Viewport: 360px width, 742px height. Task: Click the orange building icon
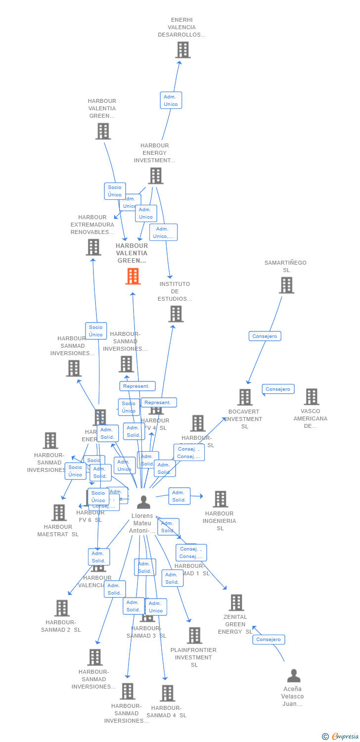[x=133, y=277]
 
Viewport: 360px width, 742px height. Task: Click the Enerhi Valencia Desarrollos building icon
[x=182, y=50]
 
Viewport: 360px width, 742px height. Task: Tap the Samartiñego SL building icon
[x=286, y=285]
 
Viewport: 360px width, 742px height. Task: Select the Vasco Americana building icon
[x=311, y=397]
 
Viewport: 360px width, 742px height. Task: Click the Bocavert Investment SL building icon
[x=245, y=397]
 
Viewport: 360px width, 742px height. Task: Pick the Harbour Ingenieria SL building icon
[x=220, y=499]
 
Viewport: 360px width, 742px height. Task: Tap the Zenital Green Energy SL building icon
[x=236, y=603]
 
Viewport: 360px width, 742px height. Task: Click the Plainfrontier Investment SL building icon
[x=194, y=636]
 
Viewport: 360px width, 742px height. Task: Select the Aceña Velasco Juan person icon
[x=294, y=676]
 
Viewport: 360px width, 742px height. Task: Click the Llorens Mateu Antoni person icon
[x=143, y=502]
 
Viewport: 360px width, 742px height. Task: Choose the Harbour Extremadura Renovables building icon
[x=93, y=247]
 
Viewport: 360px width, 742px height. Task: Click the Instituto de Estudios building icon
[x=176, y=314]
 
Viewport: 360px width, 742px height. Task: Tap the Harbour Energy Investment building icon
[x=155, y=176]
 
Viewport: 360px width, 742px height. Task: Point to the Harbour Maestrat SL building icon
[x=59, y=513]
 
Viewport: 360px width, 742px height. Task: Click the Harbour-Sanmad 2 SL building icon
[x=62, y=608]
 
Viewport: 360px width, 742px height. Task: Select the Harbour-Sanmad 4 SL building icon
[x=167, y=693]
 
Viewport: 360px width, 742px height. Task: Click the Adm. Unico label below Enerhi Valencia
[x=171, y=100]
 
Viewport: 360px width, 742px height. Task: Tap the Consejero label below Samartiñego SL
[x=265, y=336]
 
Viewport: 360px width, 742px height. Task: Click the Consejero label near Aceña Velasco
[x=269, y=640]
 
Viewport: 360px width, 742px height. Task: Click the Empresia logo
[x=341, y=737]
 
